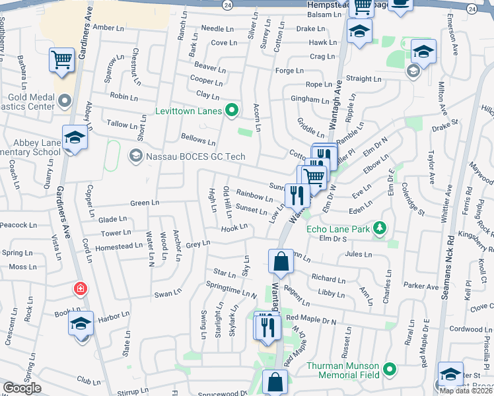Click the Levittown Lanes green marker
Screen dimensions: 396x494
click(231, 110)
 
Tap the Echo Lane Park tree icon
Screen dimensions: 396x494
click(379, 229)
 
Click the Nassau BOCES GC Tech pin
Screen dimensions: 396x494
click(135, 156)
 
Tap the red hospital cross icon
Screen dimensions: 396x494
click(80, 289)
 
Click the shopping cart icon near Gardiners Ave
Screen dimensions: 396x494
click(61, 61)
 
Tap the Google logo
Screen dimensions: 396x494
click(22, 388)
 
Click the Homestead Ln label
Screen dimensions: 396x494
click(119, 246)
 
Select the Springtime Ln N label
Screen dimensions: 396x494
click(231, 290)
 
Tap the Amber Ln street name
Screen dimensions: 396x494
click(108, 27)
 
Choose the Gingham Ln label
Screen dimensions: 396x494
click(310, 100)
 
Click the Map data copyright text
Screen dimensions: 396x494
click(465, 391)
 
